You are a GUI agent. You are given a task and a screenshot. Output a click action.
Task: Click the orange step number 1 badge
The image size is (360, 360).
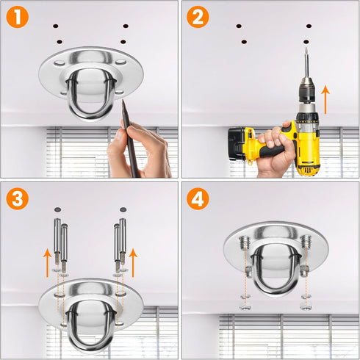(18, 17)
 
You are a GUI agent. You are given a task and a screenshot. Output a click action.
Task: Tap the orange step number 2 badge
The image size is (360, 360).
(198, 17)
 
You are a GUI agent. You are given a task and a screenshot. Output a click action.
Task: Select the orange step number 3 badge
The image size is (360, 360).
(18, 198)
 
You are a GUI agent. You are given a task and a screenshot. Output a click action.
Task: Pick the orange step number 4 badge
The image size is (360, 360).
(198, 198)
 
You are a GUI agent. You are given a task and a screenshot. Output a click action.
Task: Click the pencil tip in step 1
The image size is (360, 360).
(123, 100)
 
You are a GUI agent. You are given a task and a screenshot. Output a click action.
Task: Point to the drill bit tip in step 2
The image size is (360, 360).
(306, 48)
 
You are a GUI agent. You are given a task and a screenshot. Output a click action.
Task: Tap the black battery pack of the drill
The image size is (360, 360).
(237, 145)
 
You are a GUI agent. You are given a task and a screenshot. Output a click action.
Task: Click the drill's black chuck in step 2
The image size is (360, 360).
(306, 92)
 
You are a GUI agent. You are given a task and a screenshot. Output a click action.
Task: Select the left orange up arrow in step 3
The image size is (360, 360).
(47, 262)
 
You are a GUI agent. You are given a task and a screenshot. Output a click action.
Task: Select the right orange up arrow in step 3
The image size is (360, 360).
(133, 262)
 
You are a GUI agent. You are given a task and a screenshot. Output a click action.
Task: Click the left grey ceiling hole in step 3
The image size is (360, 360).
(57, 209)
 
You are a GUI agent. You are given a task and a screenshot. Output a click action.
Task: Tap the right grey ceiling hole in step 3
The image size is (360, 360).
(123, 209)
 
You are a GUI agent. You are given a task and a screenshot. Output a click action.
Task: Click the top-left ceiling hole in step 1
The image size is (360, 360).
(56, 26)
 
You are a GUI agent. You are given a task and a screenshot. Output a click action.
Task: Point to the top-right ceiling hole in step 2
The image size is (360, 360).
(309, 26)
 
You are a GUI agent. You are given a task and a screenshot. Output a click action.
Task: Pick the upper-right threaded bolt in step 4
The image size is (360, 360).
(306, 241)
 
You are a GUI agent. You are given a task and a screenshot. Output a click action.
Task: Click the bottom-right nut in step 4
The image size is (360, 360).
(306, 306)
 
